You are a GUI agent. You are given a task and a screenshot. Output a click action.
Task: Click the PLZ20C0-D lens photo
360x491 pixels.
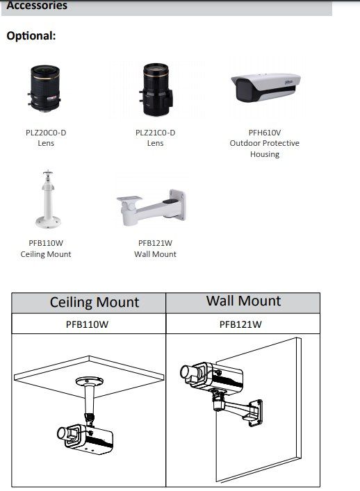(x=44, y=88)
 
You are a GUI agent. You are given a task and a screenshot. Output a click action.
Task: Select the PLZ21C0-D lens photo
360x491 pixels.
(x=156, y=90)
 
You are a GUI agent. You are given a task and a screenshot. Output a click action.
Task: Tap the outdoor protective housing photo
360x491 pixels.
(x=265, y=88)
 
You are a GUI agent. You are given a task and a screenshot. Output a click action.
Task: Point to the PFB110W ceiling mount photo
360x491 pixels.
(x=48, y=199)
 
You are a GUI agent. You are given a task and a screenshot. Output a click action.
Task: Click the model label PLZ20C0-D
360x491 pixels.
(x=46, y=133)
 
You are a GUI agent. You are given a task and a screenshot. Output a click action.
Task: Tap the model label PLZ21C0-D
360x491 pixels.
(x=156, y=133)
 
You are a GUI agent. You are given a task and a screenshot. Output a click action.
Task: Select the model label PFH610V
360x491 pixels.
(x=265, y=133)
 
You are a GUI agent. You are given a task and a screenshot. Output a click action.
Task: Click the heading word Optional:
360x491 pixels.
(x=31, y=36)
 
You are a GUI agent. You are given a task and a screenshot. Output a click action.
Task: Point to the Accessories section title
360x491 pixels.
(x=37, y=6)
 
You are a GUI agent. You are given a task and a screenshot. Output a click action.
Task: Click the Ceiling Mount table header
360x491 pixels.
(x=95, y=303)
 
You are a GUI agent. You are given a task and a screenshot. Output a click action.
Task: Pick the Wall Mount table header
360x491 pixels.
(x=243, y=301)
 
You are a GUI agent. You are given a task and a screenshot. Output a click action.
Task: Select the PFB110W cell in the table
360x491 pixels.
(x=87, y=324)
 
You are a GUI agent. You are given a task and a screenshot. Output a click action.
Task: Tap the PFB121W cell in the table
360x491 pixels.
(x=240, y=324)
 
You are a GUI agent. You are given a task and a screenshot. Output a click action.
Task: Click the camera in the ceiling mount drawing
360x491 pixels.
(x=85, y=438)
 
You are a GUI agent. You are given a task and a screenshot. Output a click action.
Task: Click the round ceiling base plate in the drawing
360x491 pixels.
(x=89, y=381)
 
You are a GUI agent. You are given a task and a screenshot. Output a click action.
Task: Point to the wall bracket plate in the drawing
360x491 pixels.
(x=255, y=413)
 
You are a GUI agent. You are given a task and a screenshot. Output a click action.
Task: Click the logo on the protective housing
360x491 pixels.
(x=288, y=82)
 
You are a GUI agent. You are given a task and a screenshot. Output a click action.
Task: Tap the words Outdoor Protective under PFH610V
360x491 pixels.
(x=264, y=144)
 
